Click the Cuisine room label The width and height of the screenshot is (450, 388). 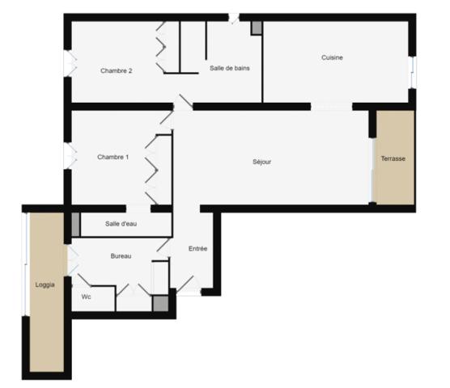(x=332, y=57)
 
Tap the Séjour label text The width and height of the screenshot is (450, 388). (x=261, y=162)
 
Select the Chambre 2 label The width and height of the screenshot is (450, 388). (x=117, y=71)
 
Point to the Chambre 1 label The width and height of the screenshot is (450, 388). (x=112, y=157)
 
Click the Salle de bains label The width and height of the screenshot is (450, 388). (x=230, y=68)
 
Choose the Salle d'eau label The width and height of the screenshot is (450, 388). (x=121, y=224)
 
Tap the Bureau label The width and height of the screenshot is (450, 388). (x=121, y=256)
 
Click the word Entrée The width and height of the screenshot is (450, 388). (x=197, y=248)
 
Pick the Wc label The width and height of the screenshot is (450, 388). (x=86, y=297)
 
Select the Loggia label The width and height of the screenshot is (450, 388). (x=45, y=285)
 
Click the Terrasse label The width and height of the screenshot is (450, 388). (x=393, y=158)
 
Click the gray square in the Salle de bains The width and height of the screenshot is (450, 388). (x=257, y=27)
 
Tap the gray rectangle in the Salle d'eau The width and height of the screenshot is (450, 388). (x=75, y=225)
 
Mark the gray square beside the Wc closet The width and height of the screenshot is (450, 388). (x=161, y=303)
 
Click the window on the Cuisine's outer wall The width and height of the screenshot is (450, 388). (x=413, y=72)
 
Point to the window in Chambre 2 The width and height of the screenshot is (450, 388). (x=70, y=64)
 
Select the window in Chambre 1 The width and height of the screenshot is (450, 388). (x=70, y=155)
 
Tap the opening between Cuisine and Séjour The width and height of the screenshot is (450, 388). (x=332, y=107)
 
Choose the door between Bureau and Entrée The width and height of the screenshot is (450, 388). (x=163, y=249)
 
